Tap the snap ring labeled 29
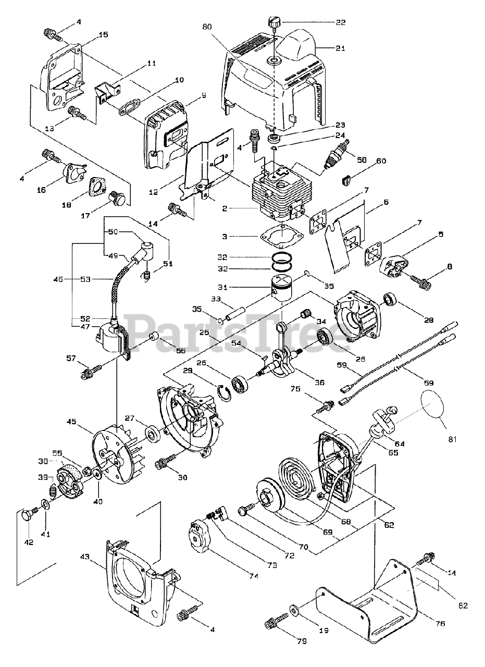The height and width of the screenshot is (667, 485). coord(225,392)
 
